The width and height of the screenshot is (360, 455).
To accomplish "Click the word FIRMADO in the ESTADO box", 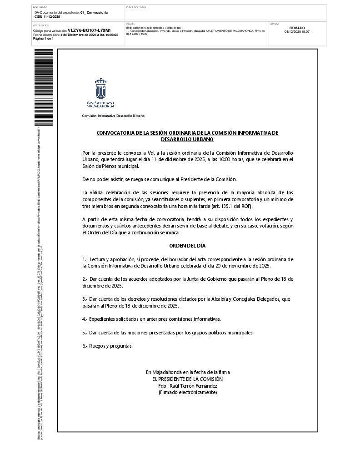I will [297, 28].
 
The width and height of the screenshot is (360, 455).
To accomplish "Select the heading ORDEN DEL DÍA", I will [187, 246].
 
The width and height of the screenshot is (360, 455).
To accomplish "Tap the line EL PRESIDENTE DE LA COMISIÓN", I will [187, 379].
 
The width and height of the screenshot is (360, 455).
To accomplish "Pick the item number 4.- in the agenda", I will [85, 319].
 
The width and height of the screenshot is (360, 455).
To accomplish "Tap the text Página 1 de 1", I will [44, 39].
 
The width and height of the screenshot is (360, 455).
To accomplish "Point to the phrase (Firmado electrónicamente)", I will [187, 392].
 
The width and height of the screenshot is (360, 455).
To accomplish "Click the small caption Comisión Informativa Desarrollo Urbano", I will [113, 116].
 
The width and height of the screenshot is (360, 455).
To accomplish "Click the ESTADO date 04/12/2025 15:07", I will [297, 32].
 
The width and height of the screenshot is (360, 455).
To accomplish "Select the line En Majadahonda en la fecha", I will [187, 372].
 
